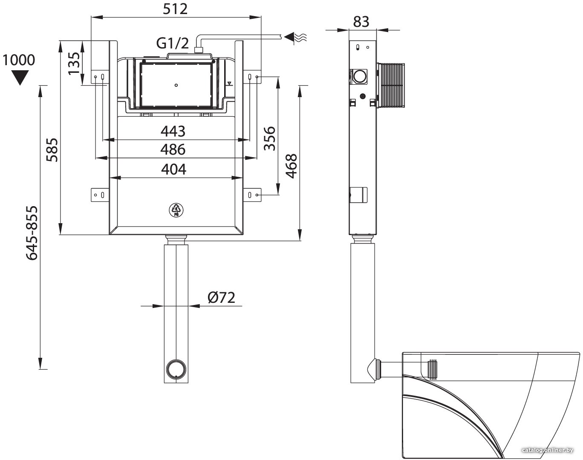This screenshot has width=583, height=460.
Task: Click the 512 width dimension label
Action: coord(175,9)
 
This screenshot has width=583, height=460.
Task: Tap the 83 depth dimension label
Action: coord(361,22)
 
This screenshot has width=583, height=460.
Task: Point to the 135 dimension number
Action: coord(74,63)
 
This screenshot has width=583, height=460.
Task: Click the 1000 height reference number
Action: coord(19,60)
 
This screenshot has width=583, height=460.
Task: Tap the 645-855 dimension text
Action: coord(32,233)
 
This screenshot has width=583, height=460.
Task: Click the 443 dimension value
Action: coord(173,131)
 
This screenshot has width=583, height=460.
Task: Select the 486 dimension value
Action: coord(173,149)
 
